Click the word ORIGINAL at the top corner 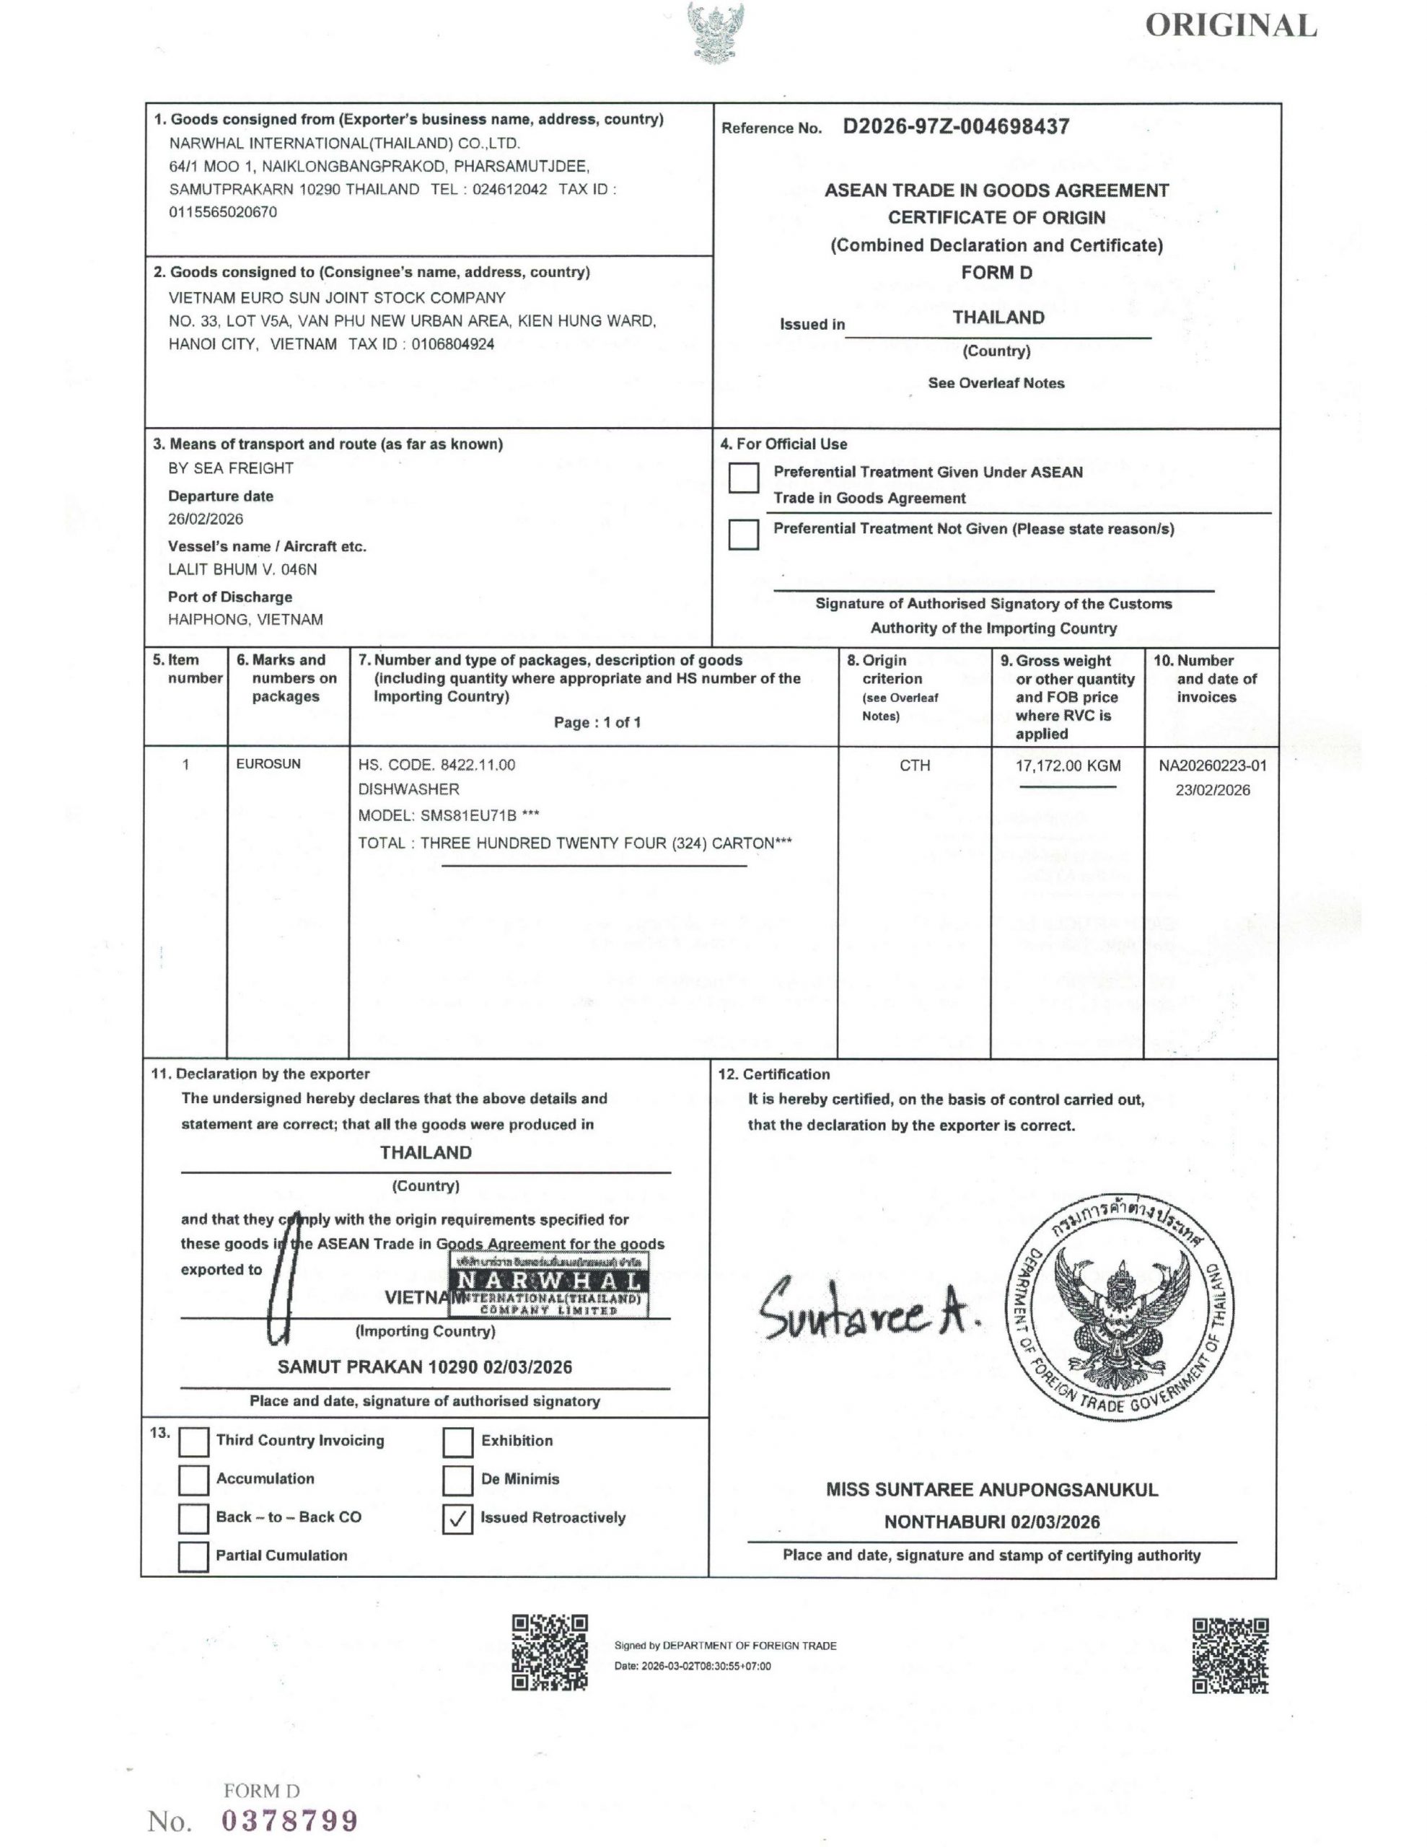[1231, 26]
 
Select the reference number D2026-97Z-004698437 [956, 127]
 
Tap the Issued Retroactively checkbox [457, 1519]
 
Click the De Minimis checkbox [457, 1480]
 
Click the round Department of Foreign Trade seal [1121, 1307]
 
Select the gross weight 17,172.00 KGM [1068, 766]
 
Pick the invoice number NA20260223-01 [1212, 765]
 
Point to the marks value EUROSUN [268, 763]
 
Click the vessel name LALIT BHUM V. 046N [243, 569]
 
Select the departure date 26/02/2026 [206, 519]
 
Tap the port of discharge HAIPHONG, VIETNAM [245, 619]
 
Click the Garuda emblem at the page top [716, 31]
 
